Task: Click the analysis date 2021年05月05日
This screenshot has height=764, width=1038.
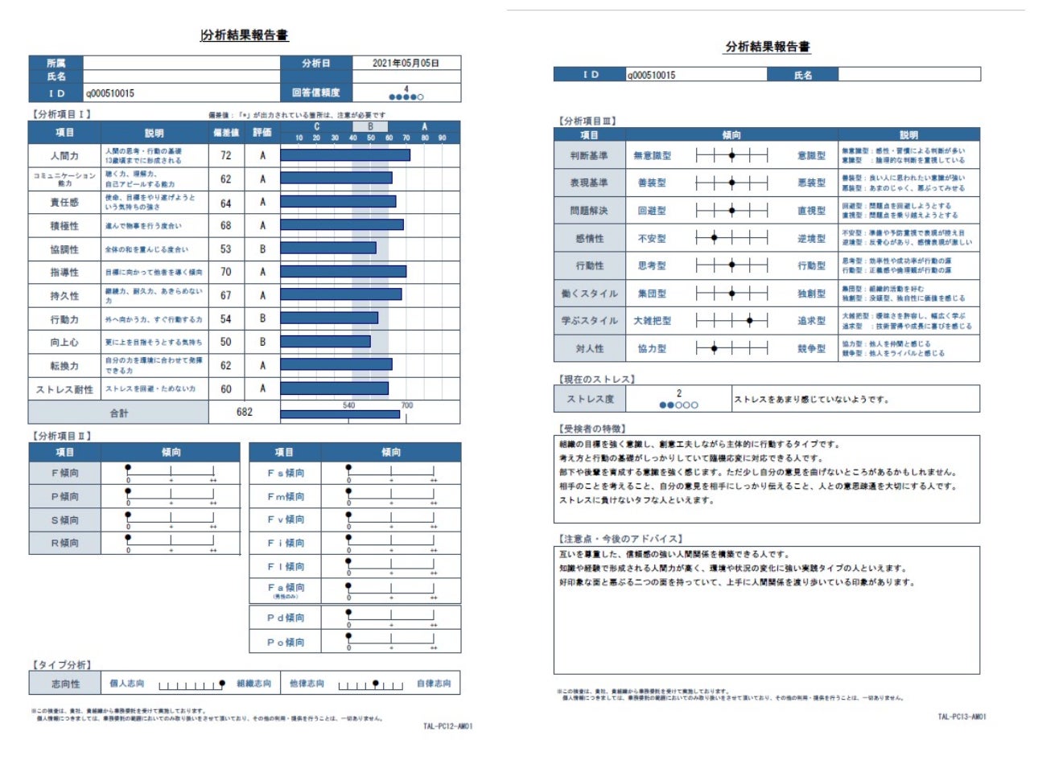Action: [406, 63]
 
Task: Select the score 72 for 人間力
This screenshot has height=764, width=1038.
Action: [226, 155]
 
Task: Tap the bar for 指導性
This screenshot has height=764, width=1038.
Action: [343, 272]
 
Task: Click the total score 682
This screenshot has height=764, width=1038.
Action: [245, 412]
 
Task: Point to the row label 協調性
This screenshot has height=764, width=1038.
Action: [64, 249]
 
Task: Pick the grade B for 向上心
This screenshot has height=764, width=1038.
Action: [262, 342]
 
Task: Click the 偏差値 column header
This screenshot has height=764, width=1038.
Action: [226, 132]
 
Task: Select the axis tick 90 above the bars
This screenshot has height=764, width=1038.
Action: [442, 138]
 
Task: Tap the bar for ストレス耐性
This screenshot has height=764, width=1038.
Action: [334, 388]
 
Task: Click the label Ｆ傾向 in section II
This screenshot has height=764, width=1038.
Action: [65, 473]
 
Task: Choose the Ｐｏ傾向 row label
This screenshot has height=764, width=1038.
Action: [286, 642]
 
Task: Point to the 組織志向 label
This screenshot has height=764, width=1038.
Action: [253, 684]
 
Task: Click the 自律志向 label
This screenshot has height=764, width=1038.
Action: [434, 684]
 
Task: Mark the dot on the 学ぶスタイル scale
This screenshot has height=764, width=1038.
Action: [750, 321]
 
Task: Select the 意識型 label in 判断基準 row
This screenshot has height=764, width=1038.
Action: [811, 156]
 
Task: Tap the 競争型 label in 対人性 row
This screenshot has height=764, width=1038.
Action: [811, 349]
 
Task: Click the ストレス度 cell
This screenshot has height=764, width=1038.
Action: [590, 399]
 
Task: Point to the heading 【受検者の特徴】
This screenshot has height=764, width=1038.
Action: [591, 429]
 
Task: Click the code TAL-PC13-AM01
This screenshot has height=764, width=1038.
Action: [962, 717]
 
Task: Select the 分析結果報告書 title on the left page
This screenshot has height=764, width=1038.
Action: [245, 35]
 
